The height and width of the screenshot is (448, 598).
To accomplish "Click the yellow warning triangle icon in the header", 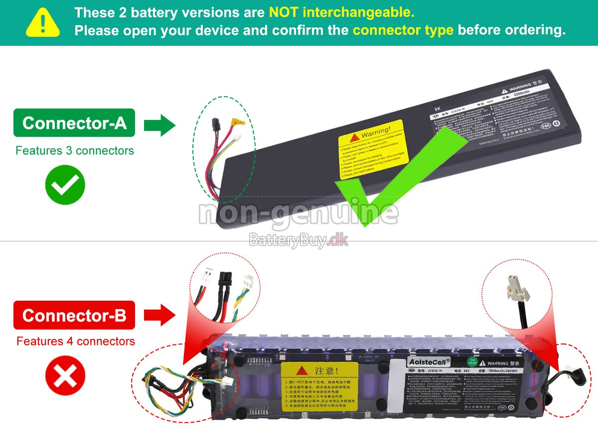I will pyautogui.click(x=43, y=23).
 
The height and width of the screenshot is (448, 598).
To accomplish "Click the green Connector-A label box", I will pyautogui.click(x=74, y=123).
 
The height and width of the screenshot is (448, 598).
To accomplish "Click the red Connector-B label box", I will pyautogui.click(x=74, y=315).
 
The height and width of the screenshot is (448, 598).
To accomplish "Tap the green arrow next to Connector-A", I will pyautogui.click(x=159, y=124).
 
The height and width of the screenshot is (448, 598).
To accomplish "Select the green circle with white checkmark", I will pyautogui.click(x=65, y=185).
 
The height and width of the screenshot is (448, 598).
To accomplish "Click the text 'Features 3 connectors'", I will pyautogui.click(x=75, y=151).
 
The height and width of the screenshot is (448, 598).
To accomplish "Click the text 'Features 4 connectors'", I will pyautogui.click(x=75, y=341).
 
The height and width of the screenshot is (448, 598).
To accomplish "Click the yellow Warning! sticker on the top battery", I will pyautogui.click(x=374, y=149).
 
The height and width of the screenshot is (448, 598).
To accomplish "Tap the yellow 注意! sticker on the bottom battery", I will pyautogui.click(x=319, y=386).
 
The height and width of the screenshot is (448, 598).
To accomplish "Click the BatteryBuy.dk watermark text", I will pyautogui.click(x=299, y=240).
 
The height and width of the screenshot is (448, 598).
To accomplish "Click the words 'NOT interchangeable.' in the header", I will pyautogui.click(x=341, y=12).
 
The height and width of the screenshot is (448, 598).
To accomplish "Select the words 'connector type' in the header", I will pyautogui.click(x=403, y=30).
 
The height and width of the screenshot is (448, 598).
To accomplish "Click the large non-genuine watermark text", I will pyautogui.click(x=299, y=213).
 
